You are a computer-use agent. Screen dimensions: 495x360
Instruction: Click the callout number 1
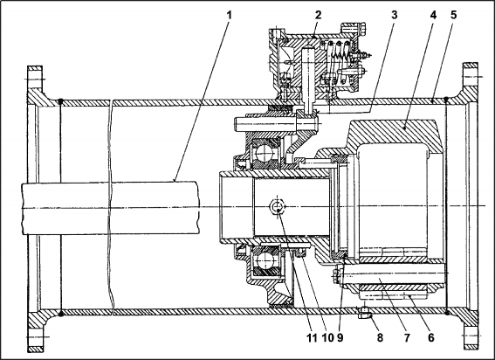230,15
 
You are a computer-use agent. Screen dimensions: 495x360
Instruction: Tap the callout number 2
318,15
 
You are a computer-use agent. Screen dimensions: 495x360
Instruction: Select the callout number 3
394,15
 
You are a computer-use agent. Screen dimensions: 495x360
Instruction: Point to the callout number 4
433,15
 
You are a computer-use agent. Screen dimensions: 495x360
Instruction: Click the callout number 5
454,15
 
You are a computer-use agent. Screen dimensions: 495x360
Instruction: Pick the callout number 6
431,337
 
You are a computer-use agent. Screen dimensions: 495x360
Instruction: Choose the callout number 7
407,337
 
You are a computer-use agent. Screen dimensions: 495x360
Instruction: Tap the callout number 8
380,337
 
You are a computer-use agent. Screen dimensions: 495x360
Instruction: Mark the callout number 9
340,337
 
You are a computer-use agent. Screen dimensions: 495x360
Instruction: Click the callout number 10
327,337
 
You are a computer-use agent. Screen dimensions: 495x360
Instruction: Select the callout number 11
312,337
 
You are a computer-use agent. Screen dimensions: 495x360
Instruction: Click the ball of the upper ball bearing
265,153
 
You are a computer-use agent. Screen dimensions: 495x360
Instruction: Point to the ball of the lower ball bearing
265,261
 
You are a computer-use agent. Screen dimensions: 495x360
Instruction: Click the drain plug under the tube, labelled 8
365,314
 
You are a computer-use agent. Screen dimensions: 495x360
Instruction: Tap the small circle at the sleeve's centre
277,206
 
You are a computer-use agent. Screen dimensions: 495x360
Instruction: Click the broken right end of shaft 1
199,208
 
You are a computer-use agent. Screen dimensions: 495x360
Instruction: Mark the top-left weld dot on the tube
60,101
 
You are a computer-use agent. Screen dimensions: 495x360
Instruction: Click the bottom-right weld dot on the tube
447,313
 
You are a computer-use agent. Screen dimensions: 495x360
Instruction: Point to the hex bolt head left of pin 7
339,275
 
